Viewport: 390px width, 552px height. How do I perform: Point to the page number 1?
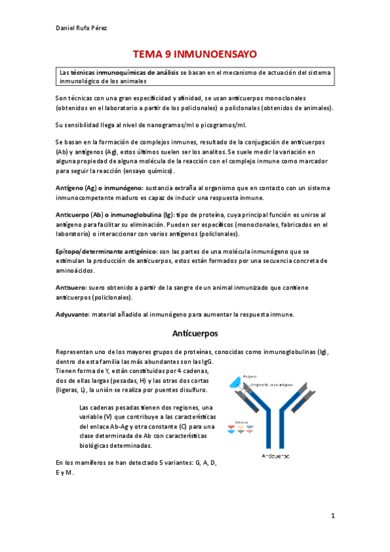[x=332, y=516]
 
